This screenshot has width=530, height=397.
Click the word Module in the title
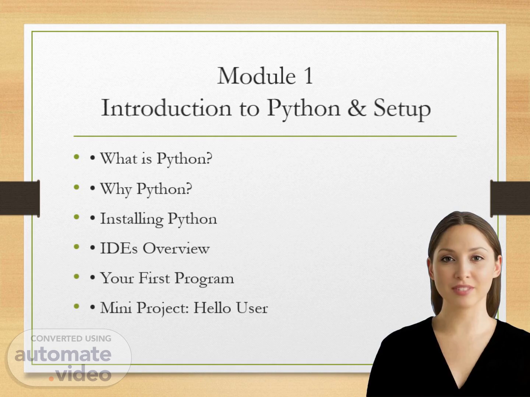point(257,76)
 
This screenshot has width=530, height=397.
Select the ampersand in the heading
point(357,108)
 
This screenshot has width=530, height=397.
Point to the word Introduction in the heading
point(166,108)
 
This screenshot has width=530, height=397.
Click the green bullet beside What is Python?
point(77,157)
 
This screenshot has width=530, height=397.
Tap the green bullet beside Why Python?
point(77,187)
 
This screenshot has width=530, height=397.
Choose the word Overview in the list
point(176,248)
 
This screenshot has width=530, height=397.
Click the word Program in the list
point(204,279)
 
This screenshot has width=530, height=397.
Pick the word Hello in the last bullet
point(212,308)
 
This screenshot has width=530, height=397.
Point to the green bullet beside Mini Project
point(77,306)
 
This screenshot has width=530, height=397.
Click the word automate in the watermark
point(63,355)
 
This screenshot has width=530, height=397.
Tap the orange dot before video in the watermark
point(51,379)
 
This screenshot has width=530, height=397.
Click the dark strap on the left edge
point(20,198)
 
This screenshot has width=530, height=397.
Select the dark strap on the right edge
point(510,198)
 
